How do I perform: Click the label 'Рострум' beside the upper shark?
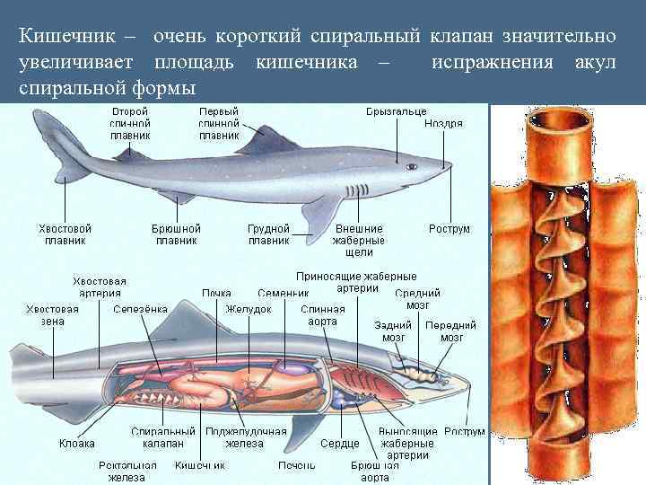pos(449,229)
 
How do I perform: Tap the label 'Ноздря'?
pos(443,124)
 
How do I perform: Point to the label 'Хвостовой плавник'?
pos(65,234)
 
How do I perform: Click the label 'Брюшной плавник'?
pos(176,234)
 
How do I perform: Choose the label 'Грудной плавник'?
pos(268,234)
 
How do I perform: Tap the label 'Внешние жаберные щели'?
pos(358,240)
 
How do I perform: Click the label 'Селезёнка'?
pos(140,309)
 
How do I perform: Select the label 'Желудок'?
pos(249,309)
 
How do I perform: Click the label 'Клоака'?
pos(77,444)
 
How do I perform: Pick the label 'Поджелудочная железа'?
pos(233,437)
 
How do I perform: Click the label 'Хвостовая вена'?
pos(52,314)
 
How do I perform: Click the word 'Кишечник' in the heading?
pos(61,37)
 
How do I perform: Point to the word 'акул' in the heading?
pos(595,63)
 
